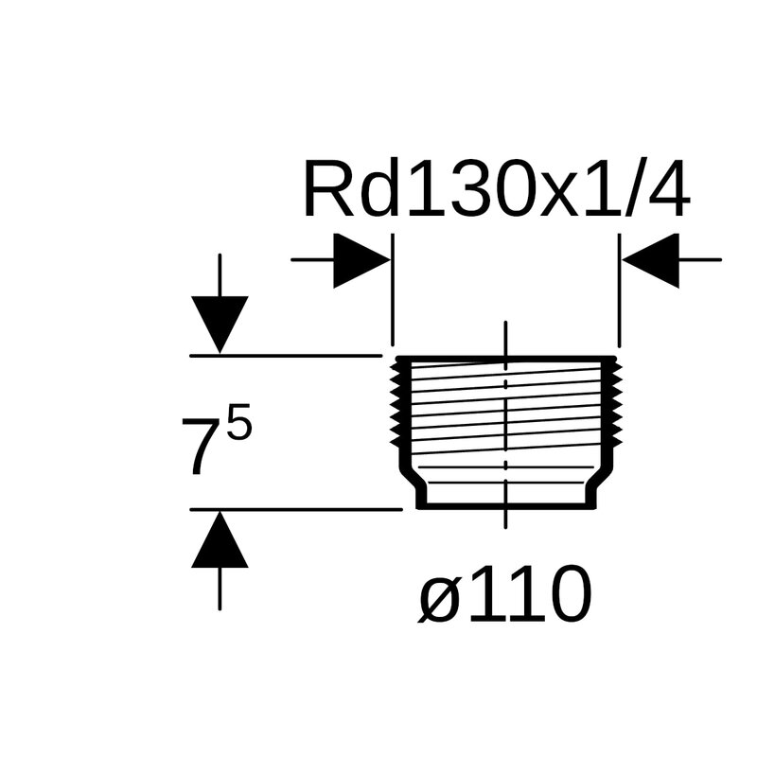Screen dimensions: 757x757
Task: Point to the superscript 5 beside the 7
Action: pos(240,426)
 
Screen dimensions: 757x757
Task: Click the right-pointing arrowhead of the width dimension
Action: pos(361,259)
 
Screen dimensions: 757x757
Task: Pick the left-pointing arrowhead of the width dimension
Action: pos(651,259)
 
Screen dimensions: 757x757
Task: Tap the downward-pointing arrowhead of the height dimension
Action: pos(220,323)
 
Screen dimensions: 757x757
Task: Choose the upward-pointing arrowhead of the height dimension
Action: pos(220,543)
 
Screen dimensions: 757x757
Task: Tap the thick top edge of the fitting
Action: pos(507,359)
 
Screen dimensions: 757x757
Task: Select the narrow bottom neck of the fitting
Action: pos(507,505)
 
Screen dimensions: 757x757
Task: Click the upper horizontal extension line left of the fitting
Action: pos(284,356)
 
